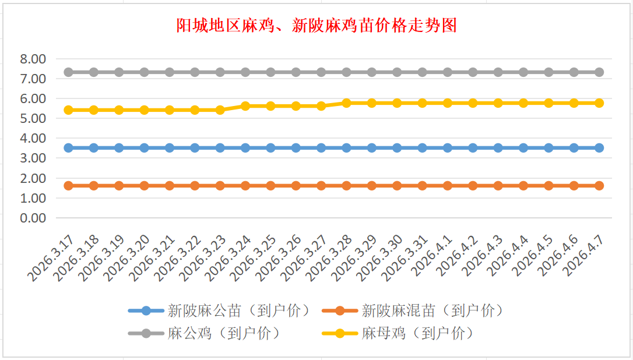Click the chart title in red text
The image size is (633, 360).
(316, 26)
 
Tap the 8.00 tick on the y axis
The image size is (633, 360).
(33, 59)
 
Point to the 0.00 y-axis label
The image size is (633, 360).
(33, 218)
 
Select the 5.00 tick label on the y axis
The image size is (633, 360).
(33, 118)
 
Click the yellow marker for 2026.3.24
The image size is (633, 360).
(245, 106)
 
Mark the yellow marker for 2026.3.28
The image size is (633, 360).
(346, 103)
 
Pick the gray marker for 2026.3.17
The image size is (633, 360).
(68, 72)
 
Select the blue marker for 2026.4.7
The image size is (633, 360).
(599, 148)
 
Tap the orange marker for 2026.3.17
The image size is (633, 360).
(68, 186)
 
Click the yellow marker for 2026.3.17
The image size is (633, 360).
(68, 110)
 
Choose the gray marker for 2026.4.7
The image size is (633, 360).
(599, 72)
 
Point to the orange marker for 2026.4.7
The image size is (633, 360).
(599, 186)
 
